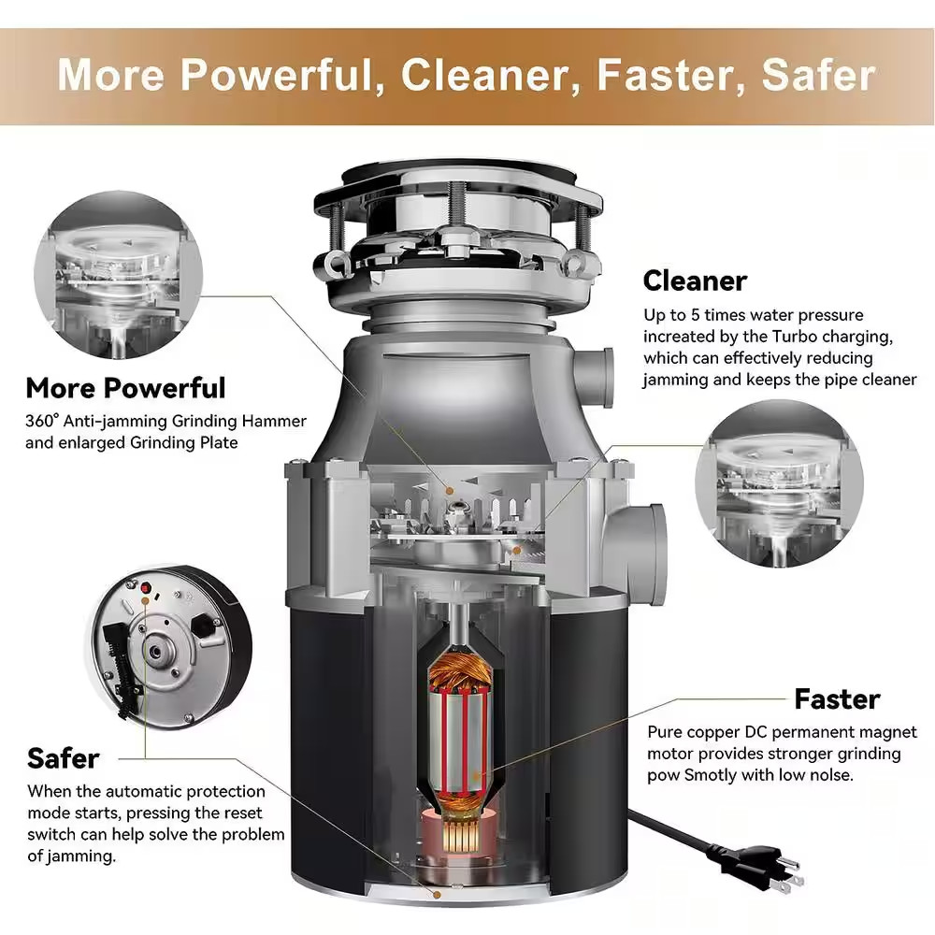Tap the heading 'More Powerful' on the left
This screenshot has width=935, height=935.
click(125, 387)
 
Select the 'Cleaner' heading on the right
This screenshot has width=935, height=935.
click(695, 280)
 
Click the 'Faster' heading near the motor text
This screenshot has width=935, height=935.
click(837, 698)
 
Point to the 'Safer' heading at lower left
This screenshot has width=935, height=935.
click(63, 757)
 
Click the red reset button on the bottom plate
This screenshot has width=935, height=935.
click(147, 587)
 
